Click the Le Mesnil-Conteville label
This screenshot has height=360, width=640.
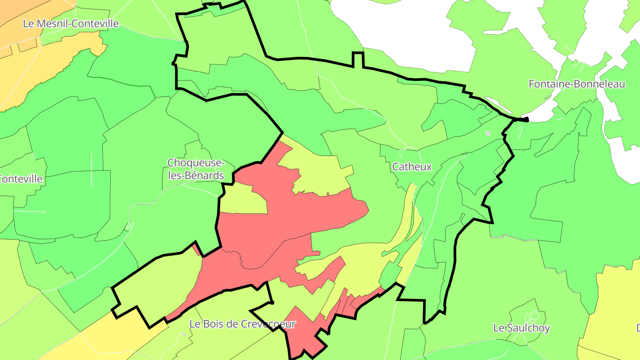[71, 24]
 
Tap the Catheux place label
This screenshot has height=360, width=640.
[412, 167]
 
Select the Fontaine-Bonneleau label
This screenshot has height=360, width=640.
[577, 84]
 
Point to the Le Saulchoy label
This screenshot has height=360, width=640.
[522, 328]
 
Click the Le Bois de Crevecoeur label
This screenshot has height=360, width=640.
[242, 324]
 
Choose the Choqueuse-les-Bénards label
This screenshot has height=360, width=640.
[196, 169]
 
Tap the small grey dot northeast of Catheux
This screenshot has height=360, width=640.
[488, 133]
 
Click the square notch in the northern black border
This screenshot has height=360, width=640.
[358, 59]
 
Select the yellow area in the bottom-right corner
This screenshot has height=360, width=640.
[613, 311]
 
